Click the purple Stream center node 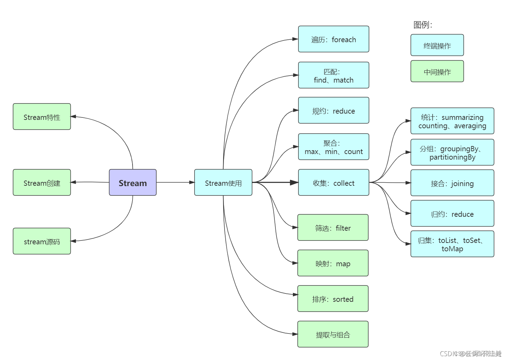[133, 183]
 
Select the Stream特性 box [42, 117]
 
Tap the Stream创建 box [42, 183]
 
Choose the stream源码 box [42, 241]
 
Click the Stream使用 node [223, 183]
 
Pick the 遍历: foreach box [333, 39]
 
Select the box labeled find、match [333, 75]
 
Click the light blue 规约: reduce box [333, 110]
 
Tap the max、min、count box [333, 147]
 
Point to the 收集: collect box [333, 183]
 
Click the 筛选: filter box [333, 228]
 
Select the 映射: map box [333, 263]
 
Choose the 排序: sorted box [333, 299]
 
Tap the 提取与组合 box [333, 334]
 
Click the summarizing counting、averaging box [452, 121]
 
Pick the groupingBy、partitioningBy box [452, 152]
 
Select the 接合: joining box [452, 183]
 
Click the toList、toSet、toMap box [452, 244]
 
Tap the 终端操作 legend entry [437, 45]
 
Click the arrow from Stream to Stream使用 [174, 182]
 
